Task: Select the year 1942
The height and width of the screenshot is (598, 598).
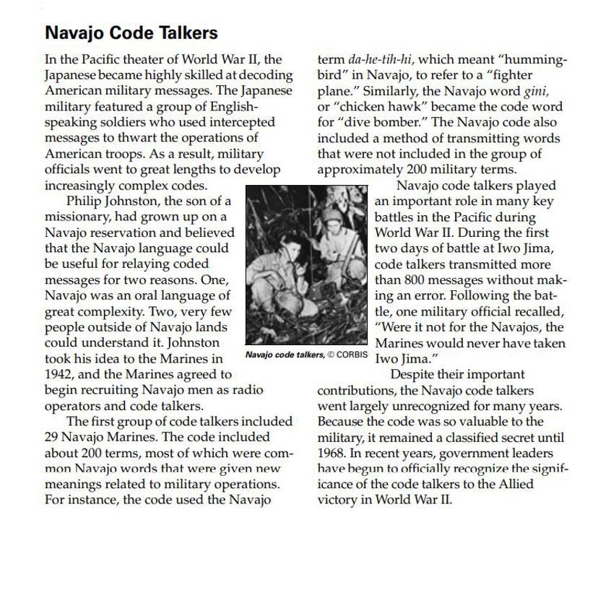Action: tap(58, 374)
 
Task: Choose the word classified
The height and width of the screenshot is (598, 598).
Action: tap(468, 438)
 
